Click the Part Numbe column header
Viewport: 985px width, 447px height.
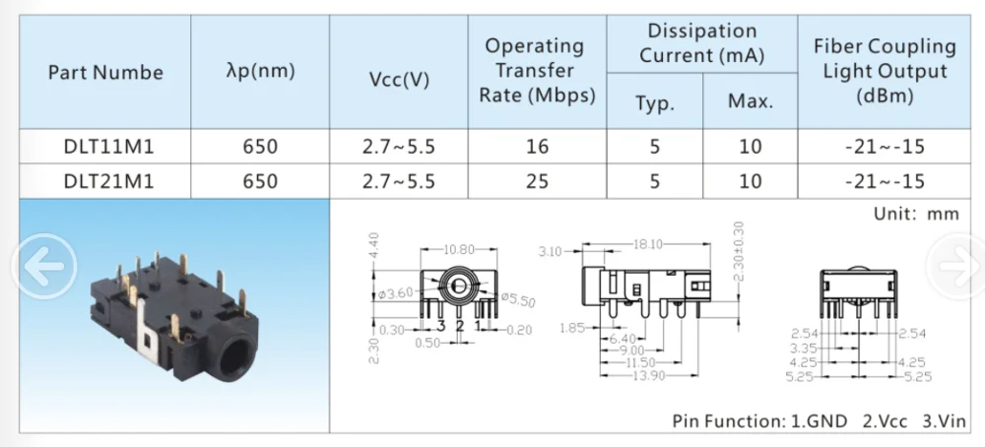(105, 73)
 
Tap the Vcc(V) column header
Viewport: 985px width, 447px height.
(397, 80)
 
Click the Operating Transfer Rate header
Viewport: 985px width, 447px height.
(536, 71)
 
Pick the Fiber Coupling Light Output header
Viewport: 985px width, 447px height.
(885, 71)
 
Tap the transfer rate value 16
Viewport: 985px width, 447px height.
(537, 148)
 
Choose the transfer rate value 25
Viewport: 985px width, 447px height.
(537, 181)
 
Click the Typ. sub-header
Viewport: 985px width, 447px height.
(653, 101)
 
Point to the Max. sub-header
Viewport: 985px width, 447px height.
(750, 101)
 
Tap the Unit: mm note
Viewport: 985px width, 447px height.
(916, 215)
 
